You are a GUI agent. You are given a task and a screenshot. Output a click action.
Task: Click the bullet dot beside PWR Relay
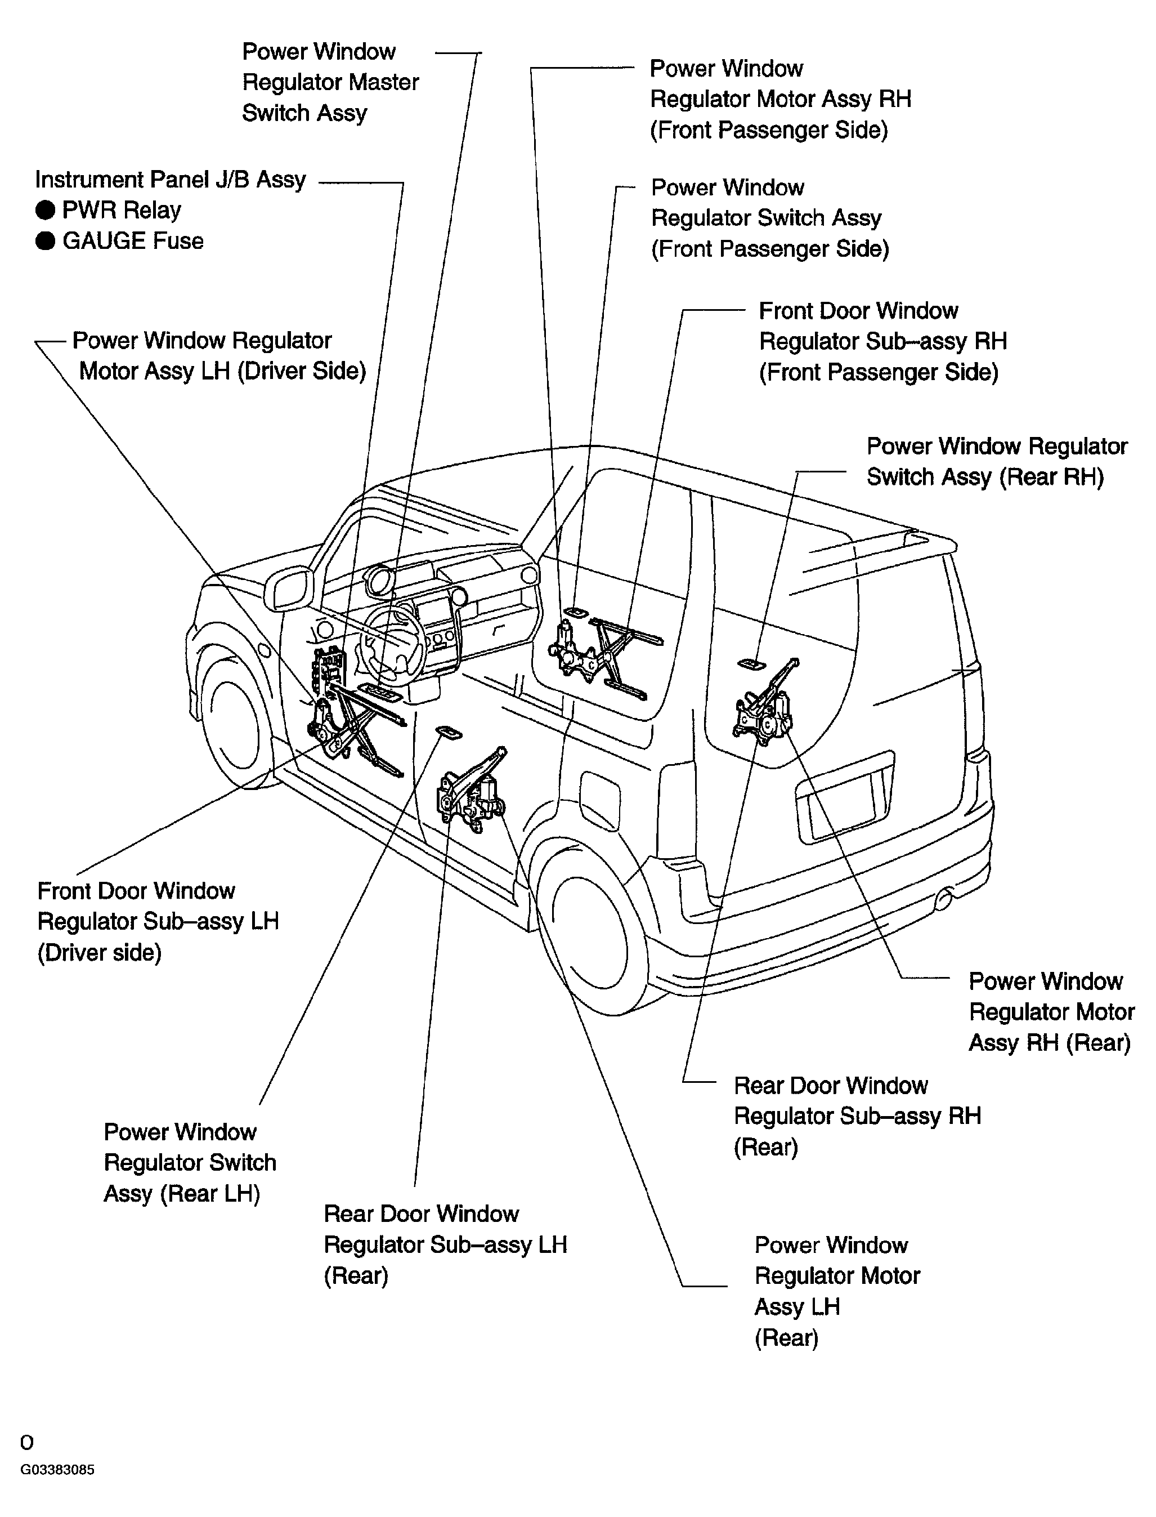coord(46,210)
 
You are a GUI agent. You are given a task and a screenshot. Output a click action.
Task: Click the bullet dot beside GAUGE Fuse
coord(46,241)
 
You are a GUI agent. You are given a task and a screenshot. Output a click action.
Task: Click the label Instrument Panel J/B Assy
coord(170,180)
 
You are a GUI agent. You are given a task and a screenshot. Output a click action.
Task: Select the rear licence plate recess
coord(843,802)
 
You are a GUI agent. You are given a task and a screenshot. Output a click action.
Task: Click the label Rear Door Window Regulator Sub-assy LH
coord(445,1244)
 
